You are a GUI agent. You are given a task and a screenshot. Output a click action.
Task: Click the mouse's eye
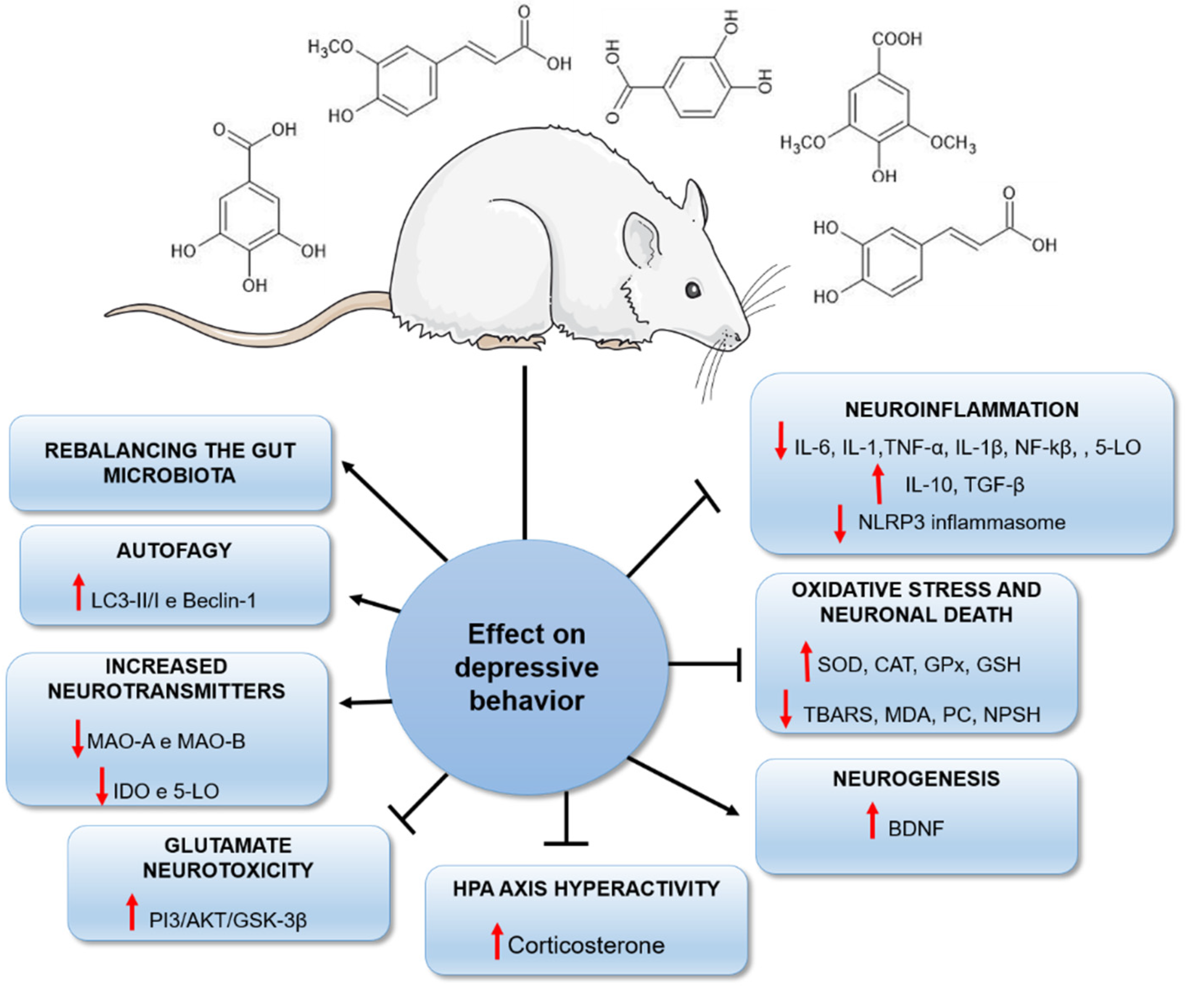[693, 290]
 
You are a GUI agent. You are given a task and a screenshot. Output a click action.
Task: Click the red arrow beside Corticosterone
[496, 941]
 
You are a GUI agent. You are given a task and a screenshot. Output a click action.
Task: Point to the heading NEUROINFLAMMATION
[961, 409]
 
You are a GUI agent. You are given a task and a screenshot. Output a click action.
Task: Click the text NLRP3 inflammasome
[961, 522]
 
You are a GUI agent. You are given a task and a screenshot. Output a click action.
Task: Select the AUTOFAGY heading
[174, 551]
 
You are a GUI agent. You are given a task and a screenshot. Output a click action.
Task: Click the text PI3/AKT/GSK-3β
[228, 920]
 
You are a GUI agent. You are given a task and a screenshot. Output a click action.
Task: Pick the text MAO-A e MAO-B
[166, 741]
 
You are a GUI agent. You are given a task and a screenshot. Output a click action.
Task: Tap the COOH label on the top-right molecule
[897, 39]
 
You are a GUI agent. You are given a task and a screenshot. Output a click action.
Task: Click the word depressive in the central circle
[526, 668]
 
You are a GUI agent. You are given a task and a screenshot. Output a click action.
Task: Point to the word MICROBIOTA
[169, 475]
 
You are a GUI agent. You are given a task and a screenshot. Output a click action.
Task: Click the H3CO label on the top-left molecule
[330, 46]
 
